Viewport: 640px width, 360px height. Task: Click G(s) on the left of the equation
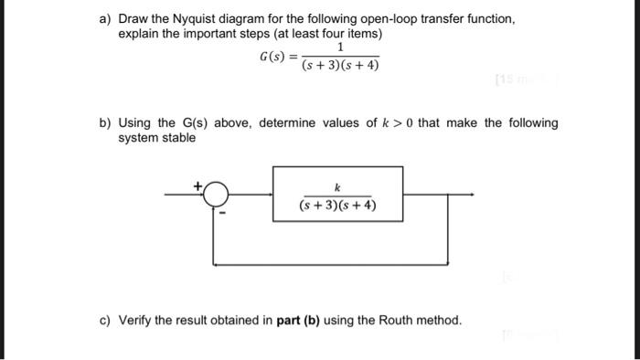tap(272, 56)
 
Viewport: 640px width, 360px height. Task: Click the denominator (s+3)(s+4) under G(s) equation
tap(340, 66)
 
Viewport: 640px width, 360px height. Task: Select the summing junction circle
tap(215, 194)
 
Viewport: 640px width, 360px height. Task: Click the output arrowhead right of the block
tap(471, 194)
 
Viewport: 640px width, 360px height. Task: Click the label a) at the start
tap(107, 18)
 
